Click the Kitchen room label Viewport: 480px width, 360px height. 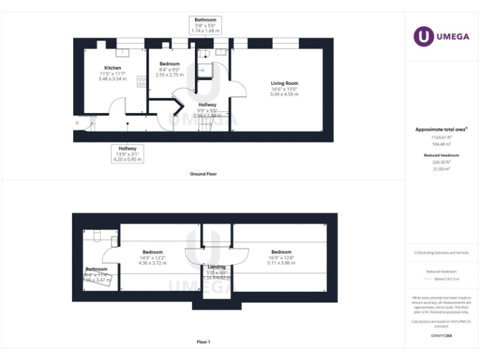tap(112, 67)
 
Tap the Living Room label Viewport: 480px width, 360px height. tap(284, 83)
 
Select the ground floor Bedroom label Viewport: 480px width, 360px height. tap(169, 64)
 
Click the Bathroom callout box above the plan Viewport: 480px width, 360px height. tap(205, 25)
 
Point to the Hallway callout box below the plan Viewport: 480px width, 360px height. tap(127, 154)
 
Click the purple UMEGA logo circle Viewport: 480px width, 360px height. tap(423, 36)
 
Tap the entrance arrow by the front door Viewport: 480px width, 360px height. tap(76, 123)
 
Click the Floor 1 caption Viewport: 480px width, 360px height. tap(203, 342)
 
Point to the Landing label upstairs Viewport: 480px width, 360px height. tap(216, 267)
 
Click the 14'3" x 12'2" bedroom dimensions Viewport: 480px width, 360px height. tap(152, 258)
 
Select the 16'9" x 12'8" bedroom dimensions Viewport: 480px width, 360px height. tap(281, 258)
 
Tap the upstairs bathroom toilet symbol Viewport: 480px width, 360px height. tap(96, 235)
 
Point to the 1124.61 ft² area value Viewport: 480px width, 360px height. tap(441, 137)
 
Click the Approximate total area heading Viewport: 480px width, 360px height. tap(441, 129)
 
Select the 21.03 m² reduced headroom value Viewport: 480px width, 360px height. tap(441, 169)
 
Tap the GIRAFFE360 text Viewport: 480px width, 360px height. tap(441, 336)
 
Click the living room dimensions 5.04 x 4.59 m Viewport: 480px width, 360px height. tap(284, 94)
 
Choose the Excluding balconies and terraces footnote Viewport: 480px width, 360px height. tap(441, 253)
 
